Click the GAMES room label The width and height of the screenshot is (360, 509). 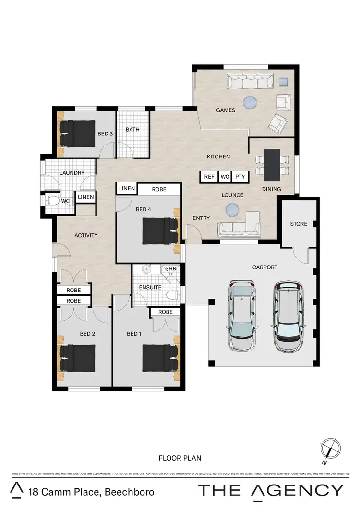225,110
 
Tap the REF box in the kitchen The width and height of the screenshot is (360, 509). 209,177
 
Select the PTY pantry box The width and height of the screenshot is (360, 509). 240,177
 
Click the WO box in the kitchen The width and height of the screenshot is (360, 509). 225,177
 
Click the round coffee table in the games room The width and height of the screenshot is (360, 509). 250,102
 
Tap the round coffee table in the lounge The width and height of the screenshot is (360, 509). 233,209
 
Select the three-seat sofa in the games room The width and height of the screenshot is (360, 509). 250,82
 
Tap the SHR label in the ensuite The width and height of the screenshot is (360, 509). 171,269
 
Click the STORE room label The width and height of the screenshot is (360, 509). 298,224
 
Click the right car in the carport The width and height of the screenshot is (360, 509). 289,316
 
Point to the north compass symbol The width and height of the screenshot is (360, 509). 331,449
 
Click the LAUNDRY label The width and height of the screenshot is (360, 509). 72,173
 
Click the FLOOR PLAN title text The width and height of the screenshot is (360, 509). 180,458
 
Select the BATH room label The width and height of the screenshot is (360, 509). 132,130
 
